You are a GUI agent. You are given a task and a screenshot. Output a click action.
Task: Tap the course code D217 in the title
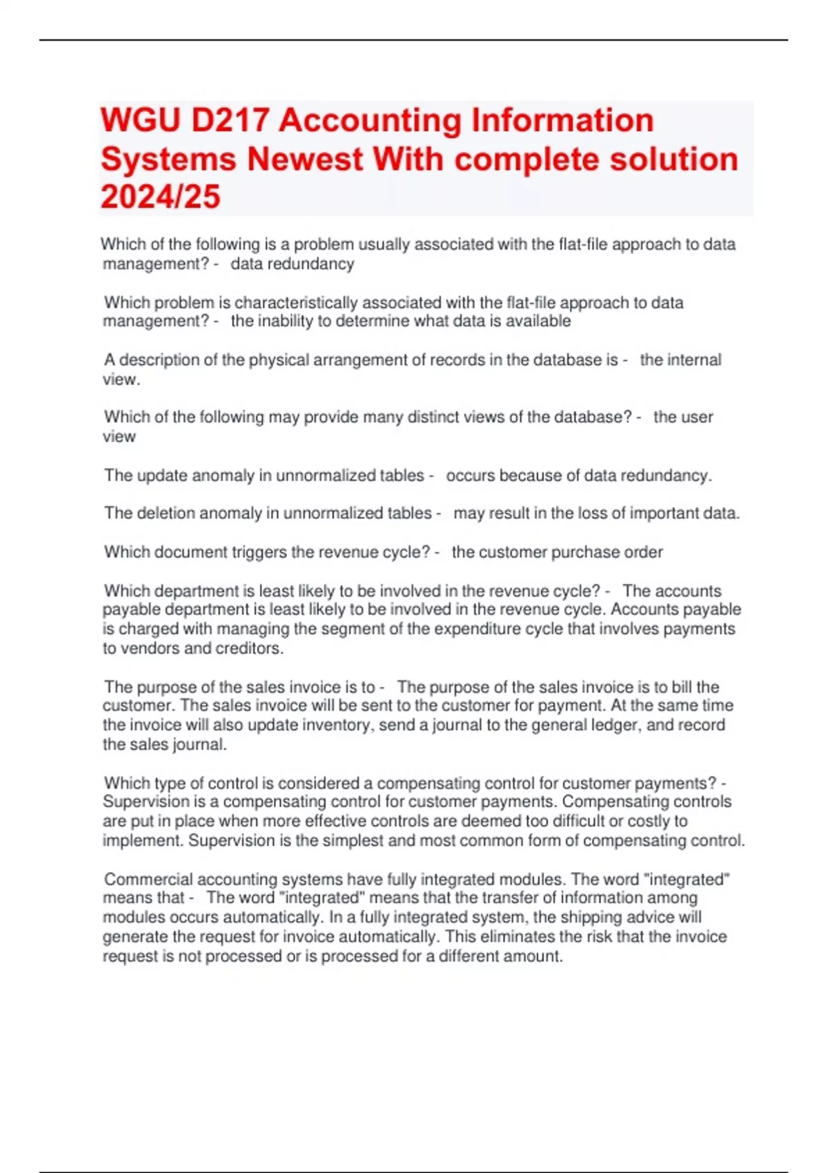click(x=230, y=121)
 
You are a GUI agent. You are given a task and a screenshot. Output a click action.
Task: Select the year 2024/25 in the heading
click(x=160, y=197)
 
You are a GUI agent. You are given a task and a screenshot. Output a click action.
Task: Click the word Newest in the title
click(x=305, y=159)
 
